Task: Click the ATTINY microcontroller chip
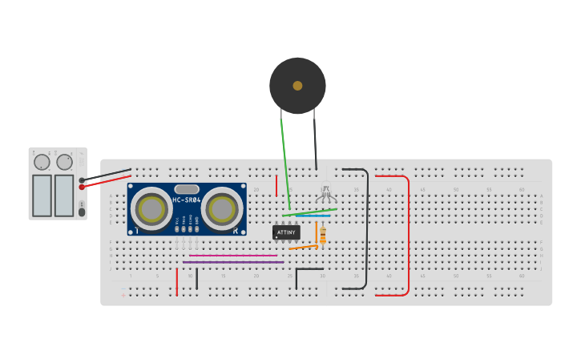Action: pyautogui.click(x=286, y=232)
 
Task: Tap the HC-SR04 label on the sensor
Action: pyautogui.click(x=186, y=200)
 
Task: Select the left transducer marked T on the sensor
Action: pyautogui.click(x=151, y=209)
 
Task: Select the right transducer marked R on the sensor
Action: pyautogui.click(x=222, y=209)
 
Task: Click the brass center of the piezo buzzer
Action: pyautogui.click(x=297, y=86)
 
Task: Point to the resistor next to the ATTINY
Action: pyautogui.click(x=323, y=236)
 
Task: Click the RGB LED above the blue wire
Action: pyautogui.click(x=325, y=195)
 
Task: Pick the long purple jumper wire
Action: pyautogui.click(x=232, y=262)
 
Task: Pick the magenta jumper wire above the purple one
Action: pyautogui.click(x=232, y=256)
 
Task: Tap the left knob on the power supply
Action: pyautogui.click(x=42, y=163)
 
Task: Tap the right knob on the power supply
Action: pyautogui.click(x=64, y=163)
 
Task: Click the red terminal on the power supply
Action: pyautogui.click(x=82, y=187)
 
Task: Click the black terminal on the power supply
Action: pyautogui.click(x=82, y=180)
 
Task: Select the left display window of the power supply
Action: pyautogui.click(x=42, y=196)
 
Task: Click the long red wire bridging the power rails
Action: pyautogui.click(x=408, y=236)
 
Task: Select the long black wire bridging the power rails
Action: pyautogui.click(x=367, y=232)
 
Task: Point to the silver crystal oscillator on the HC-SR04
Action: pyautogui.click(x=186, y=189)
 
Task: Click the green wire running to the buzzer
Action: pyautogui.click(x=284, y=160)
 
